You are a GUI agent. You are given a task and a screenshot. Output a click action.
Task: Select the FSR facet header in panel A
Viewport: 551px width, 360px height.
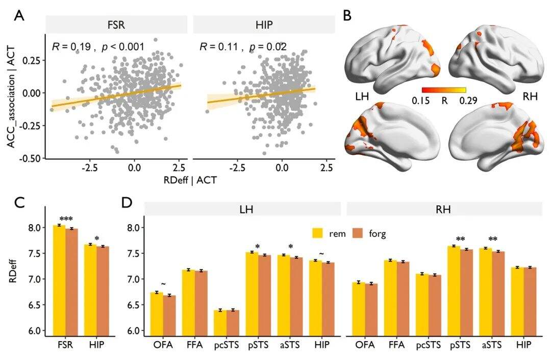click(x=117, y=25)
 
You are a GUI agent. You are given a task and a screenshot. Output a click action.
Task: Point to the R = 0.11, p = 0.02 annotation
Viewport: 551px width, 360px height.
click(x=243, y=47)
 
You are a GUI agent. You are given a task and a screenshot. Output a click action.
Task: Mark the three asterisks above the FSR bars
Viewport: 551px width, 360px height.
click(x=67, y=220)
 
